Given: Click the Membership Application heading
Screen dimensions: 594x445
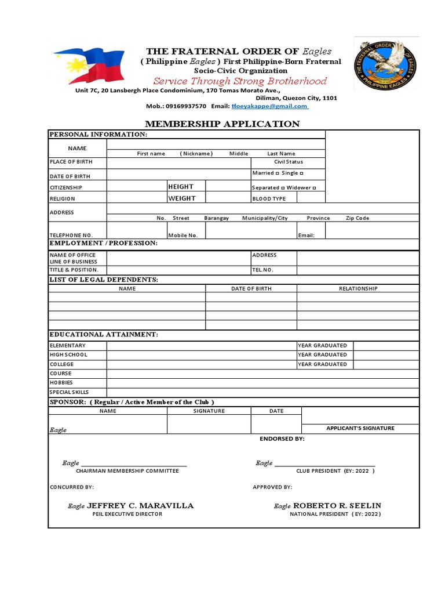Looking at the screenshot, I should click(222, 124).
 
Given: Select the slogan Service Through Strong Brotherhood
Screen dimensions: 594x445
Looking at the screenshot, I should click(240, 81).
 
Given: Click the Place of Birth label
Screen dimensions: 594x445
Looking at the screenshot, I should click(71, 162).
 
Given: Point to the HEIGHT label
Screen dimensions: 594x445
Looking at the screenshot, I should click(181, 187).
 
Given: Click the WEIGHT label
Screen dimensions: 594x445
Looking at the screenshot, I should click(181, 198).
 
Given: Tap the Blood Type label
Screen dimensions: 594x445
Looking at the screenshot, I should click(269, 199).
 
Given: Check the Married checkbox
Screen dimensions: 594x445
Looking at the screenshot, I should click(278, 173).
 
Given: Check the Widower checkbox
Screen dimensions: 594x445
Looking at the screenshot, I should click(314, 188).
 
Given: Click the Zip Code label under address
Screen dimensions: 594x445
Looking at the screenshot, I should click(357, 218).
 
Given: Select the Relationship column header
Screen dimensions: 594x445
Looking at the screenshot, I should click(358, 288).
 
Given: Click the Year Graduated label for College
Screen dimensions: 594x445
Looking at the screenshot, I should click(322, 364).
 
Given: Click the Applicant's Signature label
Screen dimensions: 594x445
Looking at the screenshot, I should click(360, 428).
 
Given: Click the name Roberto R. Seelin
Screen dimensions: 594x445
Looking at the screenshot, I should click(337, 506).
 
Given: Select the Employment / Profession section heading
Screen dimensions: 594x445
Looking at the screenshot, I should click(103, 243).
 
